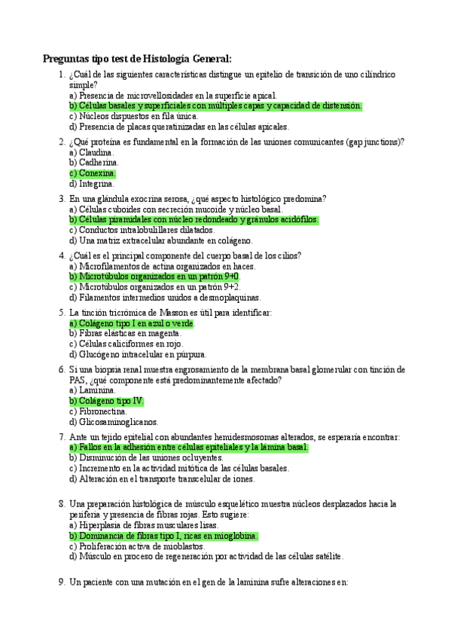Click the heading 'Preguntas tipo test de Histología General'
click(137, 59)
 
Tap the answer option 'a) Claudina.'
click(93, 152)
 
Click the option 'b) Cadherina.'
click(93, 163)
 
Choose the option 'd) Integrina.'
click(92, 184)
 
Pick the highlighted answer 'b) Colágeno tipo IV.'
click(106, 402)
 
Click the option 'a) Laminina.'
click(92, 391)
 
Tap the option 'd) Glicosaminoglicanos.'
click(114, 423)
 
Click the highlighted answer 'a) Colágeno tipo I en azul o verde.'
click(132, 323)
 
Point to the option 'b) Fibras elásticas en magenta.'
click(125, 334)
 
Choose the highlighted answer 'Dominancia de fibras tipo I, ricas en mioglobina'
click(163, 536)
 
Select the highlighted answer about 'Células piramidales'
click(194, 220)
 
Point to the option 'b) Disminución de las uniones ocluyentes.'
click(146, 458)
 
